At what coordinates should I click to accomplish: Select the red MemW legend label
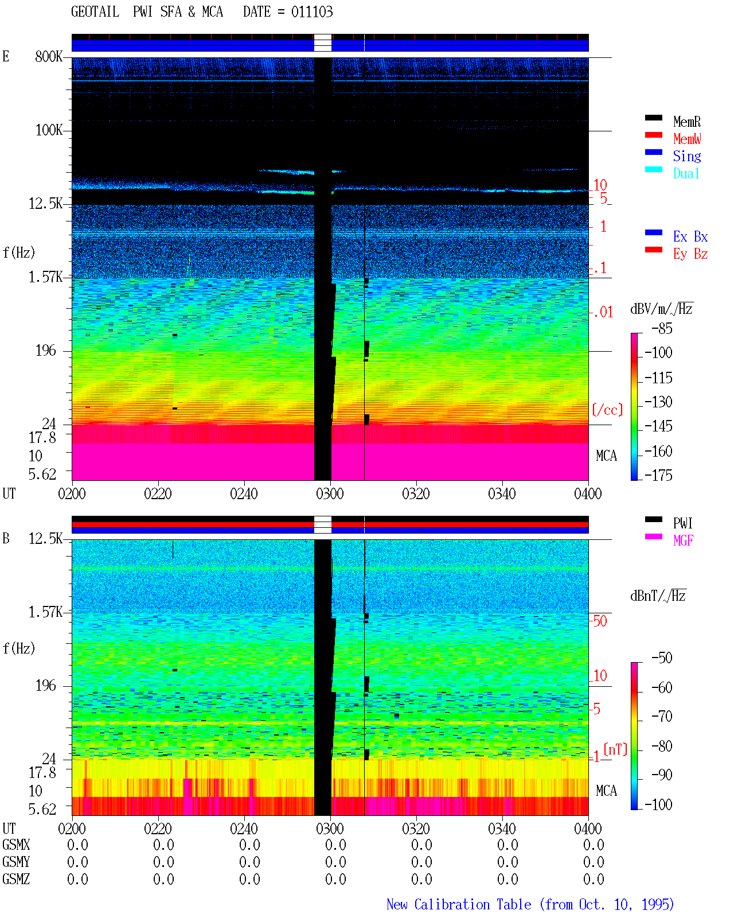[686, 139]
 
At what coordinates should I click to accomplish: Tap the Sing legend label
[686, 156]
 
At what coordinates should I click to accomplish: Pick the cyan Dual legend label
[686, 173]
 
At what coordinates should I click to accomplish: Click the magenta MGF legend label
[683, 540]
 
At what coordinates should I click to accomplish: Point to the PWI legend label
[682, 523]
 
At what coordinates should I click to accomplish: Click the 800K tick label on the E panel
[49, 56]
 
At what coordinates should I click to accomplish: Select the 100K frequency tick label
[49, 130]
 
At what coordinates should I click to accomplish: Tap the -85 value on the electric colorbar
[662, 328]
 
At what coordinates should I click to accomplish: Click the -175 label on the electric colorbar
[658, 475]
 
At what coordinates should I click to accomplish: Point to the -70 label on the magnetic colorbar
[662, 716]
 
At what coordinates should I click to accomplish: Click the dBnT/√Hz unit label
[658, 596]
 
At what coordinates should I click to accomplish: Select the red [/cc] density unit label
[607, 410]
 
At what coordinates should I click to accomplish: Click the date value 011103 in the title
[312, 12]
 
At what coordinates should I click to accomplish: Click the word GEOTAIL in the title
[95, 12]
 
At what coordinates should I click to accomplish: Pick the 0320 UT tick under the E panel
[416, 493]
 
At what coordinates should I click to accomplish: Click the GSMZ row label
[16, 879]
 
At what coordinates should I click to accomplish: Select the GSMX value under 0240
[249, 845]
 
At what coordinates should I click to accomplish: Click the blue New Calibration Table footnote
[530, 905]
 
